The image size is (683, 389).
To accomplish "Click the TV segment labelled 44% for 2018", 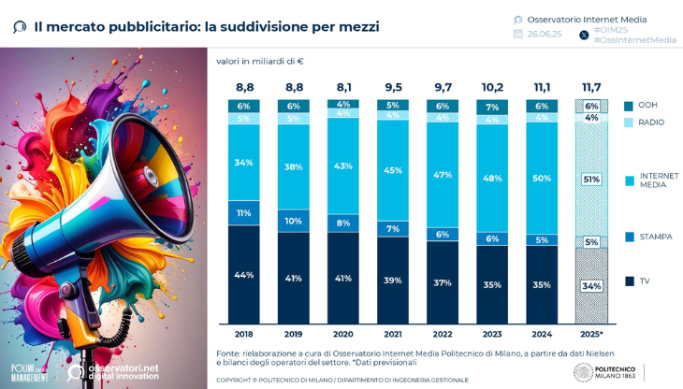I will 243,275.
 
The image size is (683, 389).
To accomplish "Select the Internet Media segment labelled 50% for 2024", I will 542,178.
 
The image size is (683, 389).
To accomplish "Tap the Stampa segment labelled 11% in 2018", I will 243,213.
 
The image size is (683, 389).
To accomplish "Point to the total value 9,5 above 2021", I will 393,87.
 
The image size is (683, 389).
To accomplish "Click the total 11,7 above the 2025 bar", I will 591,87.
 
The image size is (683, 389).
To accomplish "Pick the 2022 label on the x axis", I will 443,333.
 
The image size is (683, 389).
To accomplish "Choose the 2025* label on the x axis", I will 591,333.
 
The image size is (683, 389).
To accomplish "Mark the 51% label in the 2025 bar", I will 591,180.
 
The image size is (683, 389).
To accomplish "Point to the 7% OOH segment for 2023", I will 492,108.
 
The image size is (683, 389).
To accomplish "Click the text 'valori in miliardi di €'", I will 260,62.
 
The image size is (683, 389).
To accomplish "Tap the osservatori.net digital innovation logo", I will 112,372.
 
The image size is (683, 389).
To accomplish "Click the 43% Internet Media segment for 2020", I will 343,166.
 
